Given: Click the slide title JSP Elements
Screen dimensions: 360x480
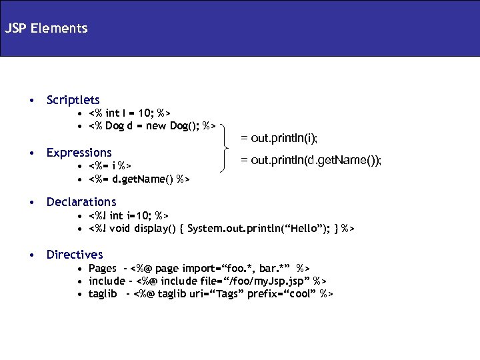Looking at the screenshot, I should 45,29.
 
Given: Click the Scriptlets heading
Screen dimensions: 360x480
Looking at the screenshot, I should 73,100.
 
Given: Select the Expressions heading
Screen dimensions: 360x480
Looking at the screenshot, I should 79,153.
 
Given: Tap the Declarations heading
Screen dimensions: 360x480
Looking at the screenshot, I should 81,201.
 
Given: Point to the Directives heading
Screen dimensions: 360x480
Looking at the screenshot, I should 75,254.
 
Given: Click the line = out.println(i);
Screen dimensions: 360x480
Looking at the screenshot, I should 279,138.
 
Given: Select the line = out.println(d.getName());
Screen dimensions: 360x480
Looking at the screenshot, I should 311,160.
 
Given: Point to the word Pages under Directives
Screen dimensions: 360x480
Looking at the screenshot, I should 102,268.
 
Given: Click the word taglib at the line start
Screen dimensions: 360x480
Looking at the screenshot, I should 103,293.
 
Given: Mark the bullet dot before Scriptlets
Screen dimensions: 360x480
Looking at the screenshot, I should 31,101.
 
